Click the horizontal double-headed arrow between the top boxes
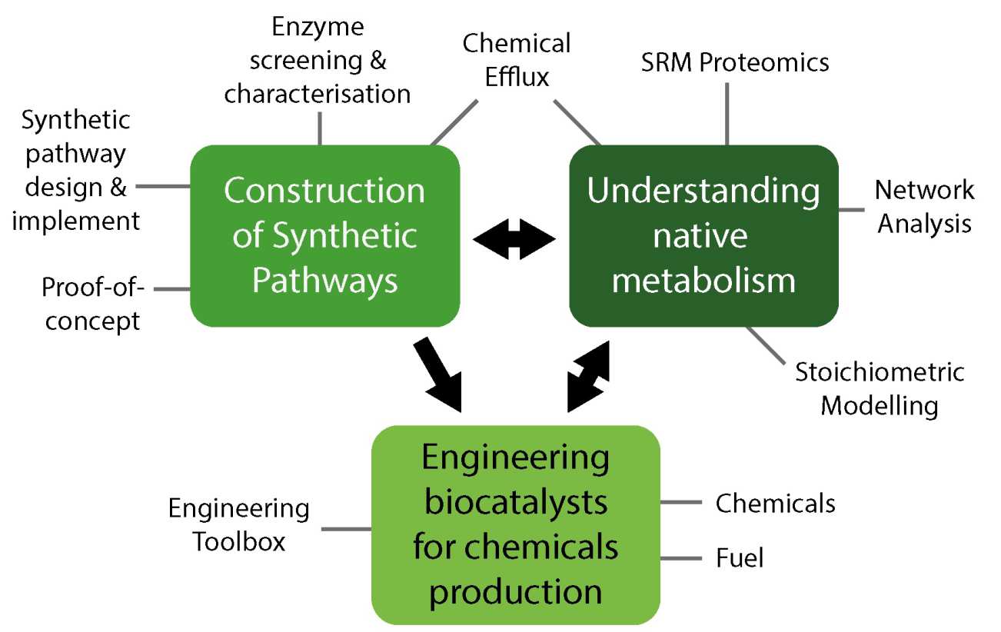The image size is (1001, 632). pos(514,241)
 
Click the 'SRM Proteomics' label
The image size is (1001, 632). pos(735,63)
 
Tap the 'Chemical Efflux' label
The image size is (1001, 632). pos(516,60)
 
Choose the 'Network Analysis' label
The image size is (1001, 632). pos(924,206)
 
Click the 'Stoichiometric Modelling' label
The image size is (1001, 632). pos(880,388)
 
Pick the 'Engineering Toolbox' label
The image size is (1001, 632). pos(239,524)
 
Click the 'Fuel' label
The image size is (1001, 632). pos(740,557)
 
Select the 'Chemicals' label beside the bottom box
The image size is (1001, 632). pos(775,503)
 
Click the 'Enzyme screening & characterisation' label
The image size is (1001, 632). pos(318,60)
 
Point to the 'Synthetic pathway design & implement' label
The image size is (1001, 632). pos(76,170)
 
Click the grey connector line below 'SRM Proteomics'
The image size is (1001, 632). pos(727,113)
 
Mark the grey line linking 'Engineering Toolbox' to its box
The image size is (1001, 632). pos(346,529)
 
